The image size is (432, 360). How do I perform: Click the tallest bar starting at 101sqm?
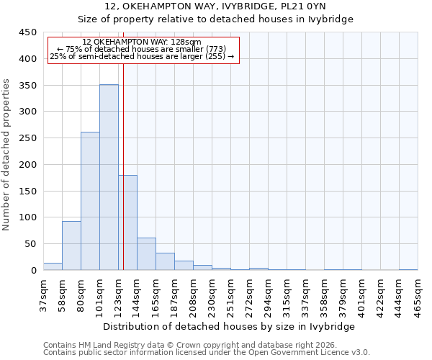(109, 177)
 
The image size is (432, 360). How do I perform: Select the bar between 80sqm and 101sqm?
(90, 201)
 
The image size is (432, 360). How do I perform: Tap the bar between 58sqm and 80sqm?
(71, 246)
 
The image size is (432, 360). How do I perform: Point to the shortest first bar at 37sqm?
(53, 266)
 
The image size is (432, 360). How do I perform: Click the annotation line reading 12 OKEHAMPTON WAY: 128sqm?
(141, 42)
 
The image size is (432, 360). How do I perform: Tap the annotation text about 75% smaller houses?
(141, 49)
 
